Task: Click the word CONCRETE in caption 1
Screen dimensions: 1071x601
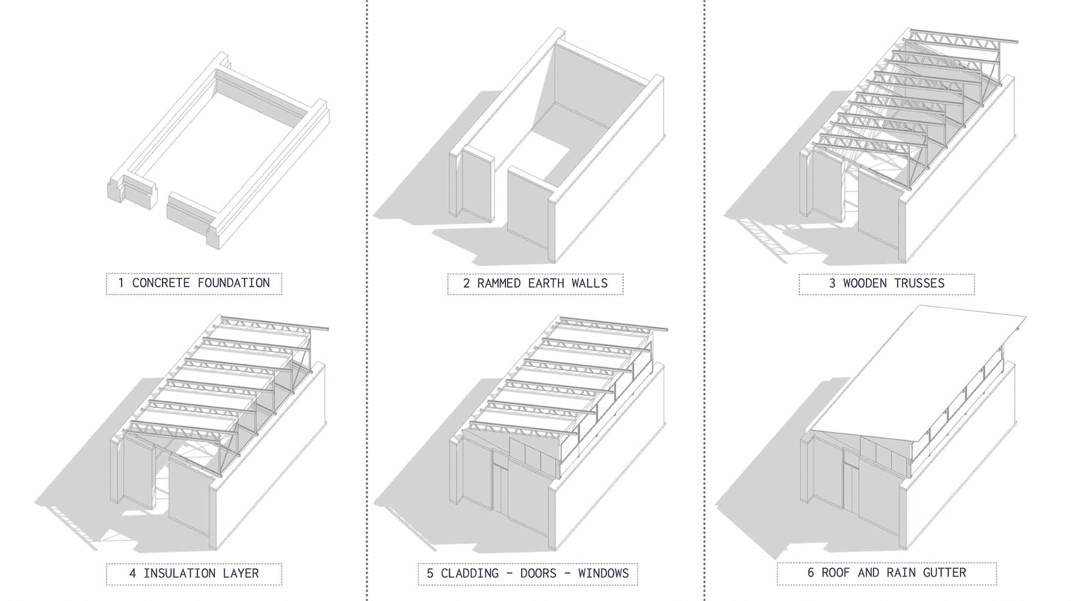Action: click(161, 283)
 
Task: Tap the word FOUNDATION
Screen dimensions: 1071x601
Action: click(234, 283)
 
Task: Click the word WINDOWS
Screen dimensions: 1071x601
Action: click(604, 573)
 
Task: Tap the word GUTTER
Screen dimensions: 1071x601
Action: click(944, 573)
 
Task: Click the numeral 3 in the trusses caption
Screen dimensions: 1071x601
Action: click(832, 283)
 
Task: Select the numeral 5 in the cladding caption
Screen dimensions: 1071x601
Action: click(430, 573)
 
